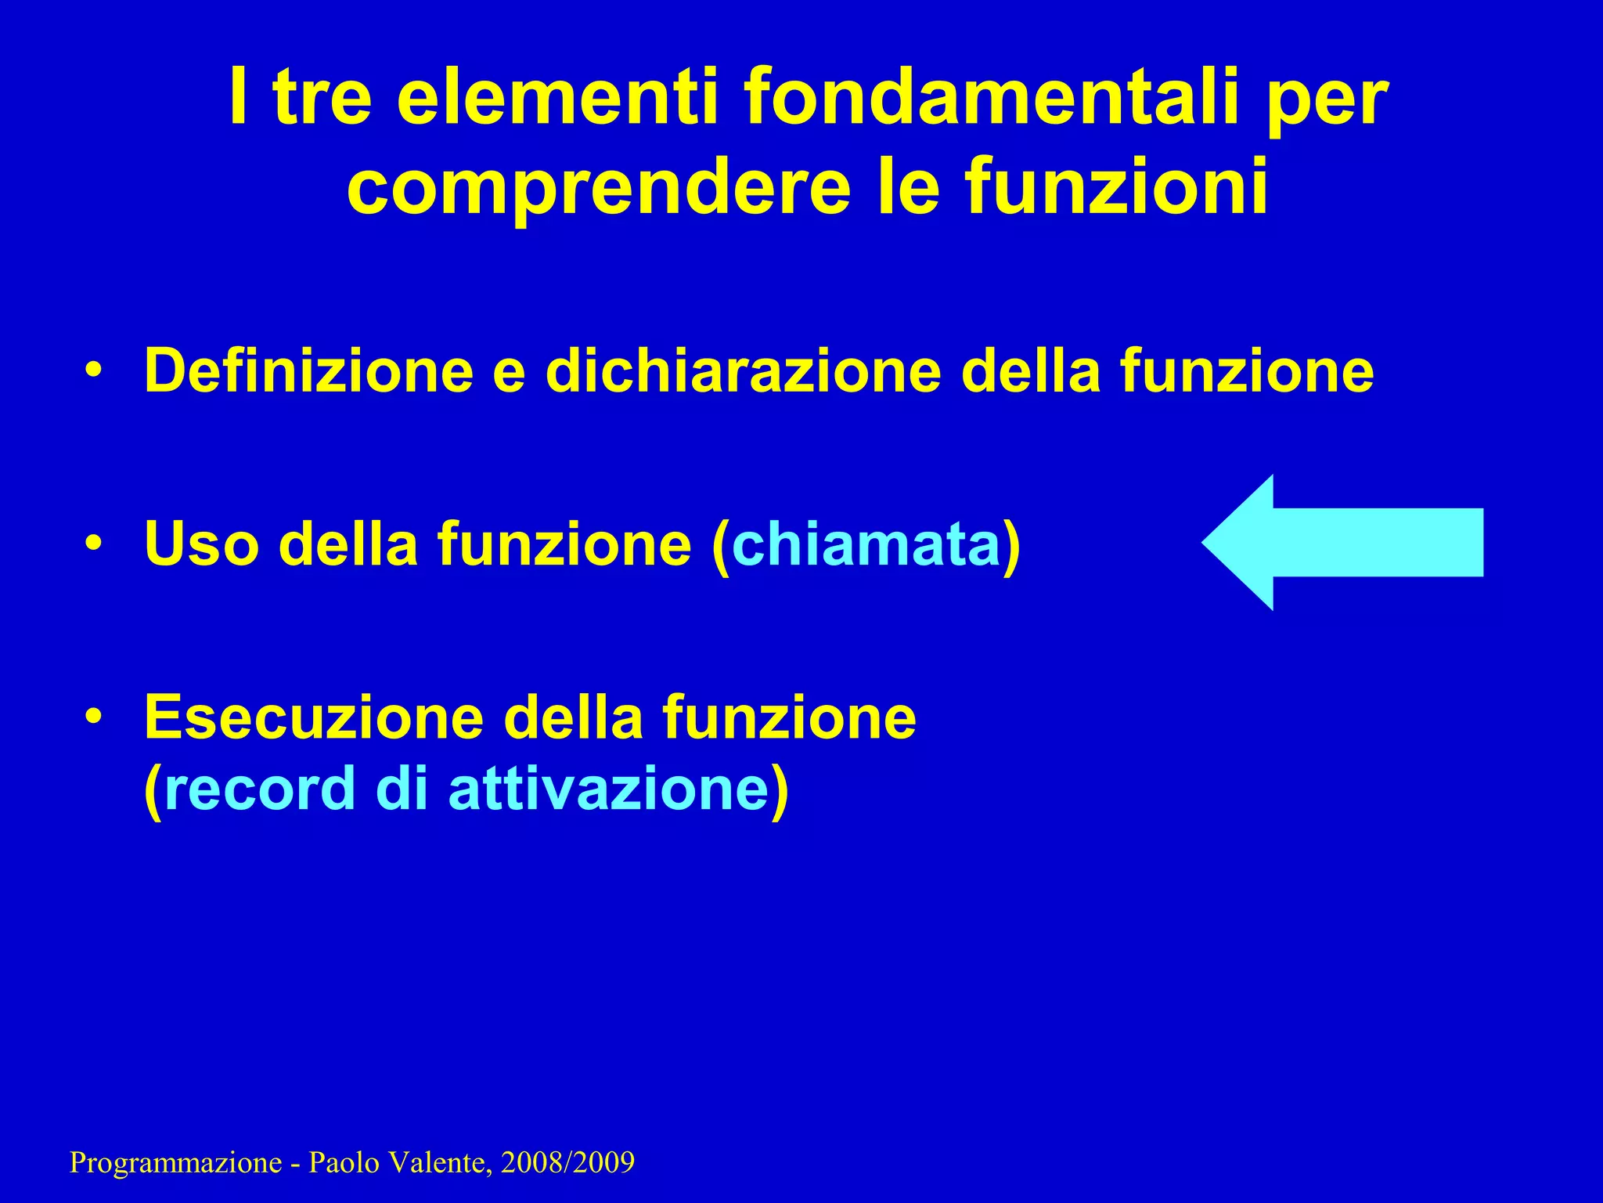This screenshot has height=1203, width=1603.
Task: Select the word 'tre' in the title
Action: point(322,99)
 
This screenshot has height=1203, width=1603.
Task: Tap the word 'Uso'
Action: point(201,544)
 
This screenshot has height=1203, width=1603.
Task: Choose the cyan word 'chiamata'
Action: point(866,544)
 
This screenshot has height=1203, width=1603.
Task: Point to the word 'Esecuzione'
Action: point(314,717)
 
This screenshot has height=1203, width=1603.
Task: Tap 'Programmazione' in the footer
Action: point(175,1163)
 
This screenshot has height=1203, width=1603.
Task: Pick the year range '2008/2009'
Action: point(567,1161)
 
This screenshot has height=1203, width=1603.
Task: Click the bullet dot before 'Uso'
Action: point(94,542)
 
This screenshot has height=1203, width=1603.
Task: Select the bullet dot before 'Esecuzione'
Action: point(94,716)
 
